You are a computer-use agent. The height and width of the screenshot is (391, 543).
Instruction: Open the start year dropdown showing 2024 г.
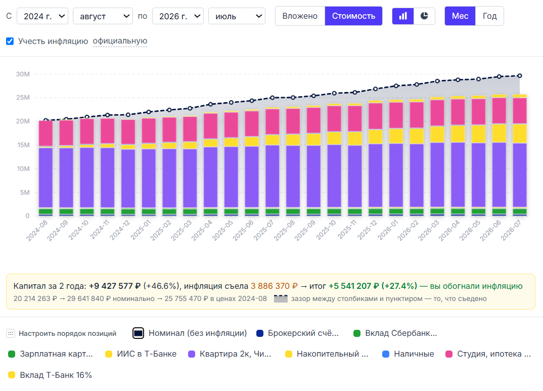click(42, 16)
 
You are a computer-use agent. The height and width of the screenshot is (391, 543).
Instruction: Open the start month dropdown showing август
click(103, 16)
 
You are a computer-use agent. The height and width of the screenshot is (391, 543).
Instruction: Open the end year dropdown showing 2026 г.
click(178, 16)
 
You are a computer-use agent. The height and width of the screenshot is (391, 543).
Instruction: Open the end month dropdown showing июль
click(237, 16)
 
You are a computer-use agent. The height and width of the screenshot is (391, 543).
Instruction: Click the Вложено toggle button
click(300, 16)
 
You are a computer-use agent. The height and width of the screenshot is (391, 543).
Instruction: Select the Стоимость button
click(353, 16)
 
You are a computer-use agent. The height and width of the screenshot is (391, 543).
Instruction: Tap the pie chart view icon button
click(424, 16)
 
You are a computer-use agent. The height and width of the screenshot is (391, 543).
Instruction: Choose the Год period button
click(490, 16)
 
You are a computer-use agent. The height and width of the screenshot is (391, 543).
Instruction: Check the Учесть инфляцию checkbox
click(10, 41)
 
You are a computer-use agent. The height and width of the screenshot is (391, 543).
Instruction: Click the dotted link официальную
click(120, 41)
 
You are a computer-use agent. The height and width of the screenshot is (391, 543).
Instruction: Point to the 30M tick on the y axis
click(23, 74)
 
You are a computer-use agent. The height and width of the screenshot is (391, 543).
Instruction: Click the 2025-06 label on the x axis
click(243, 231)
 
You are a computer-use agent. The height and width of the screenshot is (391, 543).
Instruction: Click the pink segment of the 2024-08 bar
click(46, 134)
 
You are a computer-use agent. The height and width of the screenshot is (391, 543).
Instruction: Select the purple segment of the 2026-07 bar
click(519, 175)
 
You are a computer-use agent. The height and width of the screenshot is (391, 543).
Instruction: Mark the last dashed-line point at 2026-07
click(519, 76)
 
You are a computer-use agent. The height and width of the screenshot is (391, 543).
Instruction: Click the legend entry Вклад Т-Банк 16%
click(50, 375)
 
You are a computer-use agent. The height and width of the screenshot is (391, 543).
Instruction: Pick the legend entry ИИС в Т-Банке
click(141, 354)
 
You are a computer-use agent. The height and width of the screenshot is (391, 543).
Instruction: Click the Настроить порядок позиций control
click(61, 333)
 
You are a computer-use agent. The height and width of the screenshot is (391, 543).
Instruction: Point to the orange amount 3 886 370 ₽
click(274, 286)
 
